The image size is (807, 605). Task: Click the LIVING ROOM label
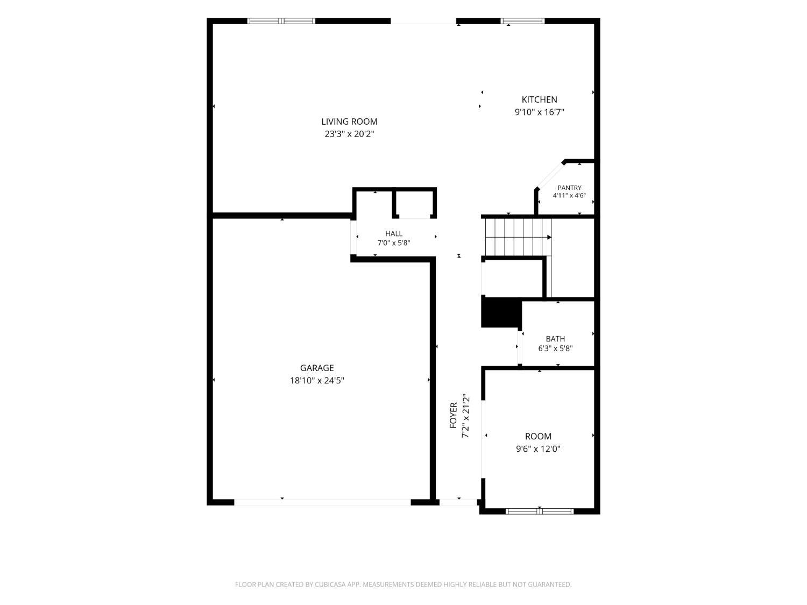pyautogui.click(x=349, y=121)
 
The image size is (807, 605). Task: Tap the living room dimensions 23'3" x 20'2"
pyautogui.click(x=349, y=134)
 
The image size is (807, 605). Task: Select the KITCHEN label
pyautogui.click(x=539, y=99)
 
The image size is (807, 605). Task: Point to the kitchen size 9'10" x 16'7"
pyautogui.click(x=539, y=112)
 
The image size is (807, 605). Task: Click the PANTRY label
pyautogui.click(x=569, y=187)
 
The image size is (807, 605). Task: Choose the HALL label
pyautogui.click(x=393, y=233)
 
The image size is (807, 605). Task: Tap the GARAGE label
pyautogui.click(x=316, y=368)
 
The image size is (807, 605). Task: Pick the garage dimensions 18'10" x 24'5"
pyautogui.click(x=316, y=380)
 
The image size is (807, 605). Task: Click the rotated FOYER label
pyautogui.click(x=453, y=415)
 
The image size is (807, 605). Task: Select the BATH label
pyautogui.click(x=555, y=339)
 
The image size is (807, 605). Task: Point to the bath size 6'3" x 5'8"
pyautogui.click(x=555, y=348)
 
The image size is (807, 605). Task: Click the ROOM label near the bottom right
pyautogui.click(x=538, y=436)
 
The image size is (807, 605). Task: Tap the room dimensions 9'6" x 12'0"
pyautogui.click(x=538, y=449)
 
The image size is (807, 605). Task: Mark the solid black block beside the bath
pyautogui.click(x=501, y=312)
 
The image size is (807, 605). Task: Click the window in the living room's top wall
pyautogui.click(x=281, y=21)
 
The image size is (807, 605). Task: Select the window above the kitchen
pyautogui.click(x=522, y=21)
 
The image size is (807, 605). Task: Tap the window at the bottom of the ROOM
pyautogui.click(x=540, y=511)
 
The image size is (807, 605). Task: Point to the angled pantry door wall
pyautogui.click(x=550, y=175)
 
